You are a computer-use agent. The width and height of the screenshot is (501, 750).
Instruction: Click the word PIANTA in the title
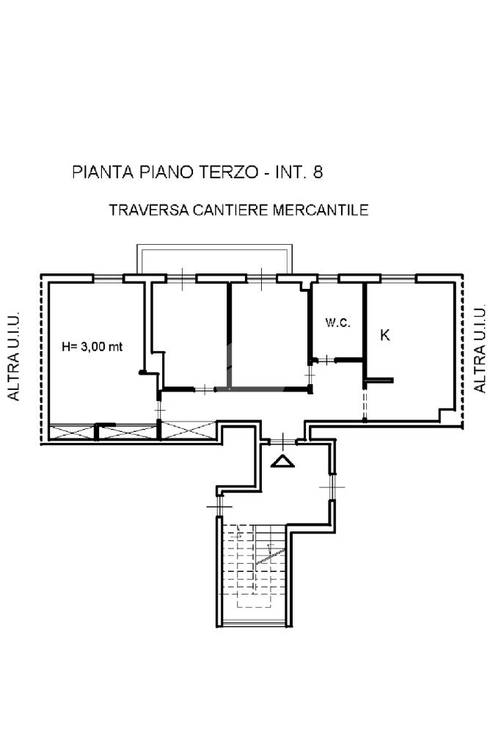coord(103,172)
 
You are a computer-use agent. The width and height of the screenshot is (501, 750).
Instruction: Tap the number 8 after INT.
coord(318,172)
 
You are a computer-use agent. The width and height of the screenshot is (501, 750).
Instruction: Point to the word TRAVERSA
coord(149,210)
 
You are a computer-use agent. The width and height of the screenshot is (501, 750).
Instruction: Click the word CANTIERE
coord(231,210)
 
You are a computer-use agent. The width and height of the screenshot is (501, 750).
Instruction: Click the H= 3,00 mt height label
coord(92,346)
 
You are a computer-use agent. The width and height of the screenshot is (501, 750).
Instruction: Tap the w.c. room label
coord(338,323)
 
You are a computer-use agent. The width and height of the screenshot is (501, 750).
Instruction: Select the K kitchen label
coord(384,335)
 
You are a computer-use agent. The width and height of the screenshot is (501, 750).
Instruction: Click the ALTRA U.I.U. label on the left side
coord(14,356)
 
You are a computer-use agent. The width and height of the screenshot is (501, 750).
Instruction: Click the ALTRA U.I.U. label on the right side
coord(480,349)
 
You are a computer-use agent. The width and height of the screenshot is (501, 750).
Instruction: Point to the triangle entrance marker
coord(282,461)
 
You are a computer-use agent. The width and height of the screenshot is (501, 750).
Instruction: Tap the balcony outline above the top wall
coord(214,246)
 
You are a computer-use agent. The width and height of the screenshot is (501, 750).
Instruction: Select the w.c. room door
coord(326,360)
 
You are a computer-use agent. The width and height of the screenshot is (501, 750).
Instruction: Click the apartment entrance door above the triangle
coord(283,441)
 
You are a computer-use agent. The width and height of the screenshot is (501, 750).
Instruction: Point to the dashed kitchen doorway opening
coord(365,404)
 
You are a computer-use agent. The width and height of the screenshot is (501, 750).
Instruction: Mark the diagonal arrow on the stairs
coord(271,556)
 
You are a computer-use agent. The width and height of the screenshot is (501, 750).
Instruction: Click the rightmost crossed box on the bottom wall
coord(189,430)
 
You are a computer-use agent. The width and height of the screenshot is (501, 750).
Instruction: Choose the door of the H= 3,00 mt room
coord(159,411)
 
